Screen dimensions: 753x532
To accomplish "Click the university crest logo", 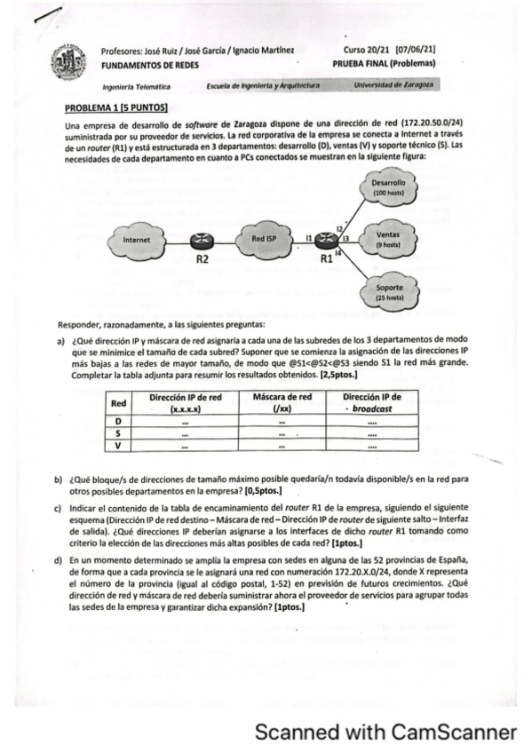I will [x=69, y=65].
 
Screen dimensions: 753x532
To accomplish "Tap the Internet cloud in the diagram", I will [x=137, y=240].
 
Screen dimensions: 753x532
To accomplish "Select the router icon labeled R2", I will [x=201, y=241].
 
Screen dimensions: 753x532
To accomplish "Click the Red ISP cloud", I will [x=265, y=240].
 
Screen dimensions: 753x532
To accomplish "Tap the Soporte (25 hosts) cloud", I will [x=389, y=292].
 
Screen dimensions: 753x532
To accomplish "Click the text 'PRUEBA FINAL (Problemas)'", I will [x=384, y=64].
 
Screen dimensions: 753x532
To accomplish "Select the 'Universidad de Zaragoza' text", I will [x=393, y=85].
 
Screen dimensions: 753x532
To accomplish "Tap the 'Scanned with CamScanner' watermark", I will [x=385, y=732].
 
